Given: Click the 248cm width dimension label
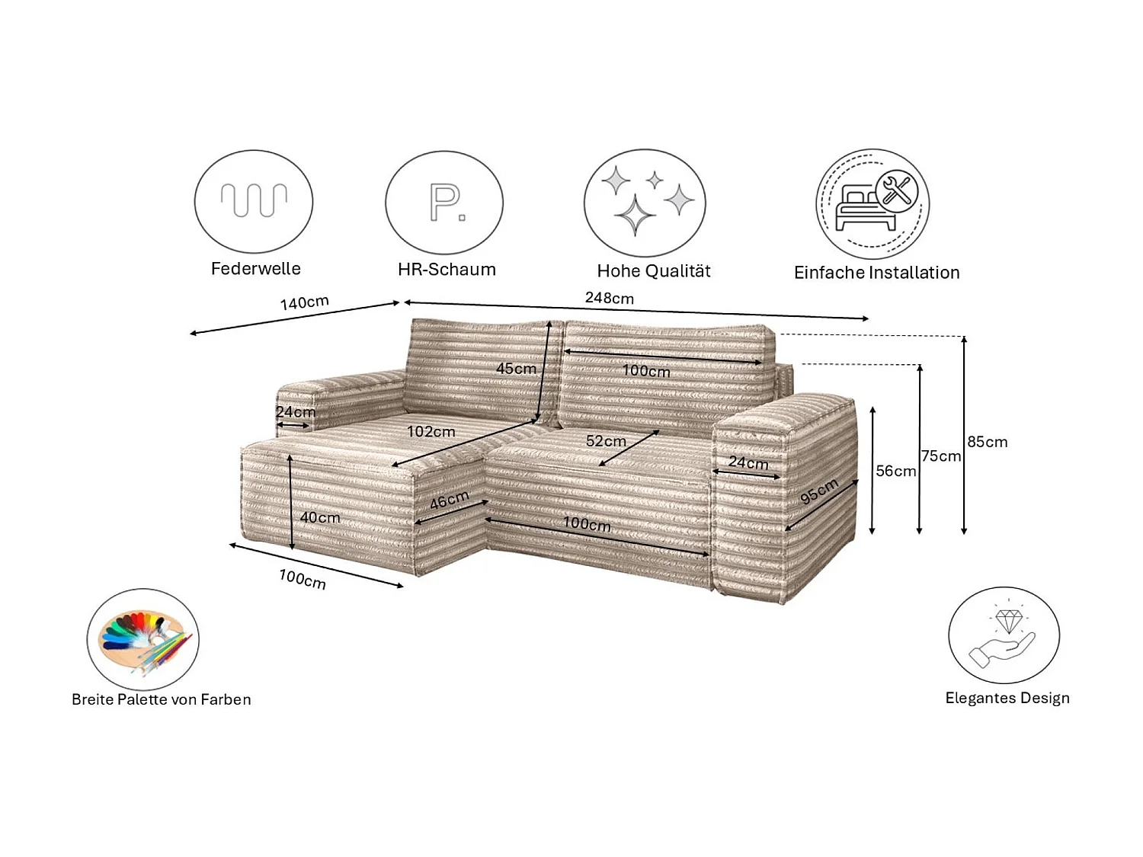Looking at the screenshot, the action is point(609,298).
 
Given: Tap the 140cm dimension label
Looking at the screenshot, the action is point(304,302).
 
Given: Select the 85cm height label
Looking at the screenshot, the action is point(988,442).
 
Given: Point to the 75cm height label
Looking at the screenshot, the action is point(941,456).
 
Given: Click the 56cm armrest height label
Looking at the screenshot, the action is point(895,472).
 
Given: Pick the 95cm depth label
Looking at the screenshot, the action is point(819,491).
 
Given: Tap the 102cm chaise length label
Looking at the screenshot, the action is point(431,432).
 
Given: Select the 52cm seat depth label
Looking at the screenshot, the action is point(606,441).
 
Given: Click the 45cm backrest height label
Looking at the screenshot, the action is point(516,369).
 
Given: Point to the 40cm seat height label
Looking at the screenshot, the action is point(320,518).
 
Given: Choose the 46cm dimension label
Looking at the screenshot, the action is point(449,500).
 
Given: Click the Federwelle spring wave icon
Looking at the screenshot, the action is point(254,201).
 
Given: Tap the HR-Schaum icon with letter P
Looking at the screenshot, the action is point(444,203).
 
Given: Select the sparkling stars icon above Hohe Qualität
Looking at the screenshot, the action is point(645,203).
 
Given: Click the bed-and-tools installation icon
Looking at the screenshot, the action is point(873,204).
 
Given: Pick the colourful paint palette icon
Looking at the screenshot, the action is point(142,639).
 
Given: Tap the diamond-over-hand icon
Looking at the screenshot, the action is point(1004,635).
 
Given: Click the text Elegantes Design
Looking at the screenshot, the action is point(1007,698).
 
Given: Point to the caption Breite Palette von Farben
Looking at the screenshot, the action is point(161,699).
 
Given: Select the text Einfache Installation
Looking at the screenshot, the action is point(876,273).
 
